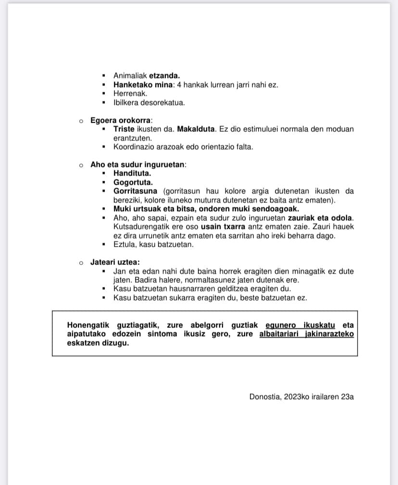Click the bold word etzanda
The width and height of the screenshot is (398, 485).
point(164,75)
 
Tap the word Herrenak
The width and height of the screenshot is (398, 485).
point(130,93)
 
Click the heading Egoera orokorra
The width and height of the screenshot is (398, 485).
point(120,120)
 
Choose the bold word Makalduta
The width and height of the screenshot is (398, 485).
point(196,129)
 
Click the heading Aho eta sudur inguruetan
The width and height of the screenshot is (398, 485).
point(137,164)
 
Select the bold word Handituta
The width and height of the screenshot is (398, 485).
point(132,173)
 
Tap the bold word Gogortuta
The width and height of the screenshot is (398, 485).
point(133,182)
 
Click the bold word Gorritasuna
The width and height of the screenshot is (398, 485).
point(136,191)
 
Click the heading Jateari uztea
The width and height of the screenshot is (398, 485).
point(115,262)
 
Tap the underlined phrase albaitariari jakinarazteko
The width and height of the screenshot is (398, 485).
point(306,334)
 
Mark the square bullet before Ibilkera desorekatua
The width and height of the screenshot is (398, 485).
point(104,102)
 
